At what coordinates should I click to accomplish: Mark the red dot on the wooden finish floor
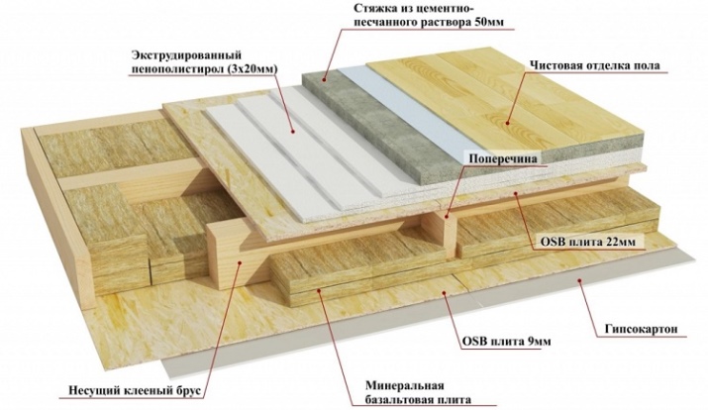[511, 122]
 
